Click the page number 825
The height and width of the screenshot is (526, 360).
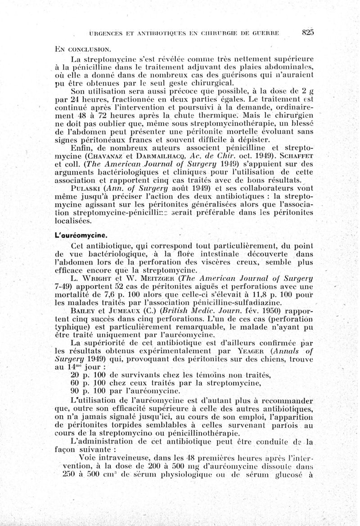click(x=307, y=32)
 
